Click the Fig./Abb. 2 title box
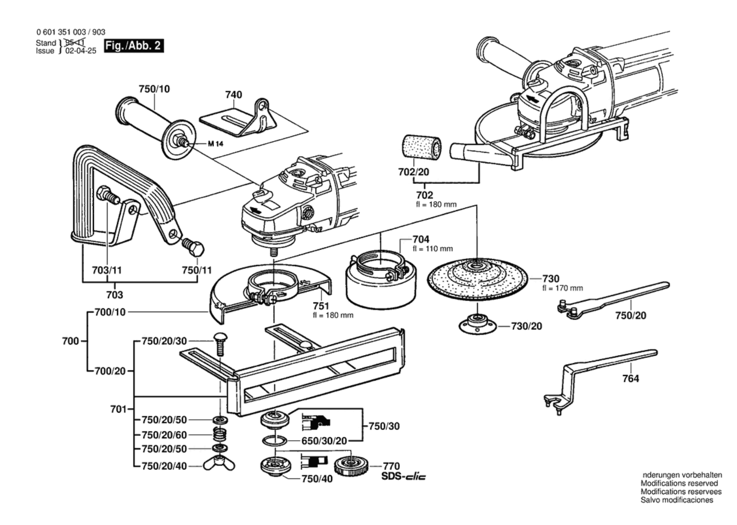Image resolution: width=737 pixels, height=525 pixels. [134, 46]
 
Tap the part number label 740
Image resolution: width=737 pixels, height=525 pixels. [233, 95]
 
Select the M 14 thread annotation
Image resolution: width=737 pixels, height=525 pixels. [215, 144]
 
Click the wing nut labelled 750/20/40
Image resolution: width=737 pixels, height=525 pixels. [219, 465]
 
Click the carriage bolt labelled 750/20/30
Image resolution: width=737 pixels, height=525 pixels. [220, 344]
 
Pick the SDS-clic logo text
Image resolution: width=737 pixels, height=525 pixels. [403, 477]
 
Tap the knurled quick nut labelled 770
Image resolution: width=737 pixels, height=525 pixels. [351, 466]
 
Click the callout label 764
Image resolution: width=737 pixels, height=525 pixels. [631, 378]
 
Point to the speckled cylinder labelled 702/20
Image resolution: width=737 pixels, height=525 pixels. [421, 148]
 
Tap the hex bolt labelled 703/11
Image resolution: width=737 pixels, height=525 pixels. [108, 196]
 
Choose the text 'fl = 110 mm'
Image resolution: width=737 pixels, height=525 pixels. [433, 249]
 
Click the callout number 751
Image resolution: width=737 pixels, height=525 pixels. [321, 306]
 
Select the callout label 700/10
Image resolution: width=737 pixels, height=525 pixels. [110, 312]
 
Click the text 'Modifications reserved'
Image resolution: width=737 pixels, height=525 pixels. [679, 484]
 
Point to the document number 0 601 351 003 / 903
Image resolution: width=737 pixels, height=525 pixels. [71, 32]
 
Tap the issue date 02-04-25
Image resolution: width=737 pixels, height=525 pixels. [81, 51]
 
